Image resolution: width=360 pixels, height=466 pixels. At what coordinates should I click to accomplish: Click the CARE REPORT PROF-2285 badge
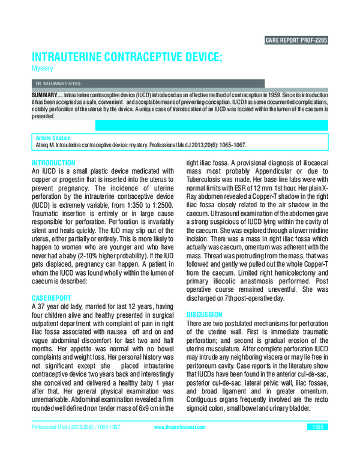point(296,41)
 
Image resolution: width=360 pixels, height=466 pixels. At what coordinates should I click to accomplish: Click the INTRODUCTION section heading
point(53,163)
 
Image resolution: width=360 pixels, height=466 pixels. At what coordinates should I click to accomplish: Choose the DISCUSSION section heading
point(204,314)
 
